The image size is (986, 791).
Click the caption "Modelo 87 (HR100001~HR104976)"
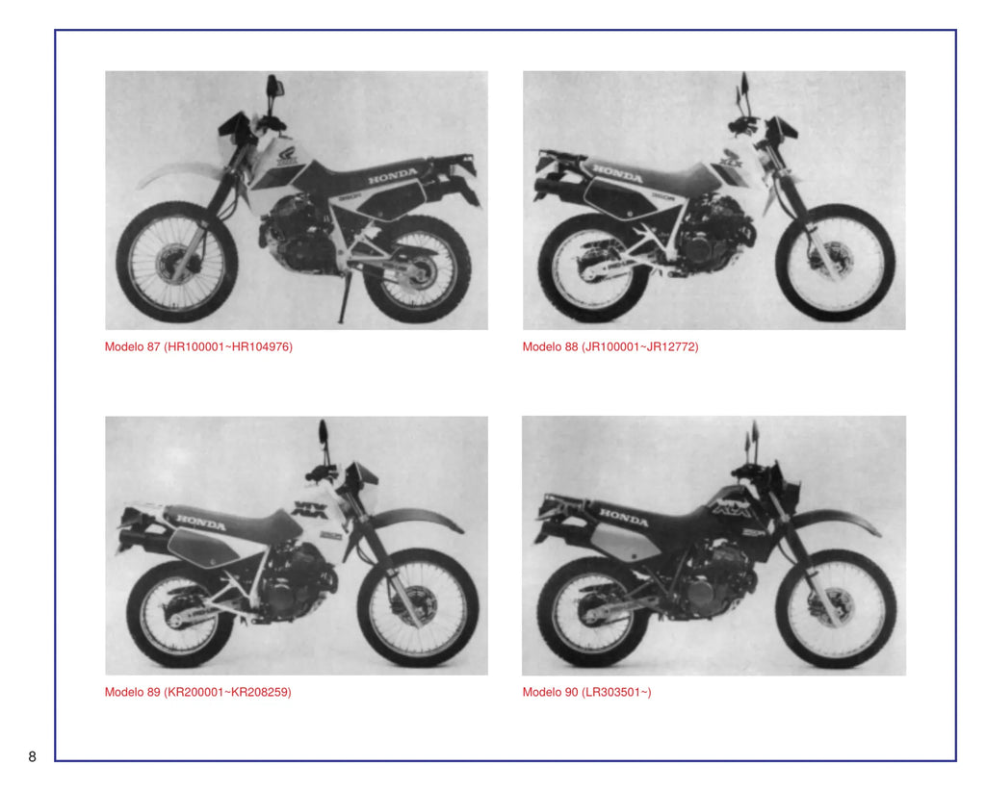pyautogui.click(x=198, y=346)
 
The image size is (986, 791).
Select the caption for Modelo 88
pyautogui.click(x=610, y=346)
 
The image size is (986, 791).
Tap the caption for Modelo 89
pyautogui.click(x=198, y=692)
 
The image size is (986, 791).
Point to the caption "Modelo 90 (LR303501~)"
pyautogui.click(x=587, y=692)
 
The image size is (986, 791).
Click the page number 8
pyautogui.click(x=32, y=756)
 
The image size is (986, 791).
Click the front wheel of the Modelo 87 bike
pyautogui.click(x=177, y=263)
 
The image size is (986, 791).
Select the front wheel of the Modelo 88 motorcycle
pyautogui.click(x=835, y=263)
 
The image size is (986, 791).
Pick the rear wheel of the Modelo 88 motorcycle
pyautogui.click(x=593, y=268)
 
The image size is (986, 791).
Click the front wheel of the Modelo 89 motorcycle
pyautogui.click(x=418, y=607)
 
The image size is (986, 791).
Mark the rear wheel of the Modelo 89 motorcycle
pyautogui.click(x=180, y=614)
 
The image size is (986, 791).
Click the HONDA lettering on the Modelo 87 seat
pyautogui.click(x=393, y=176)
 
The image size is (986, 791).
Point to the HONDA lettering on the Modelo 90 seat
pyautogui.click(x=623, y=517)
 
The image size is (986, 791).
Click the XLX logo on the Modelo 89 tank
pyautogui.click(x=310, y=509)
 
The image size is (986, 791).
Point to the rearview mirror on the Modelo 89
pyautogui.click(x=324, y=432)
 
